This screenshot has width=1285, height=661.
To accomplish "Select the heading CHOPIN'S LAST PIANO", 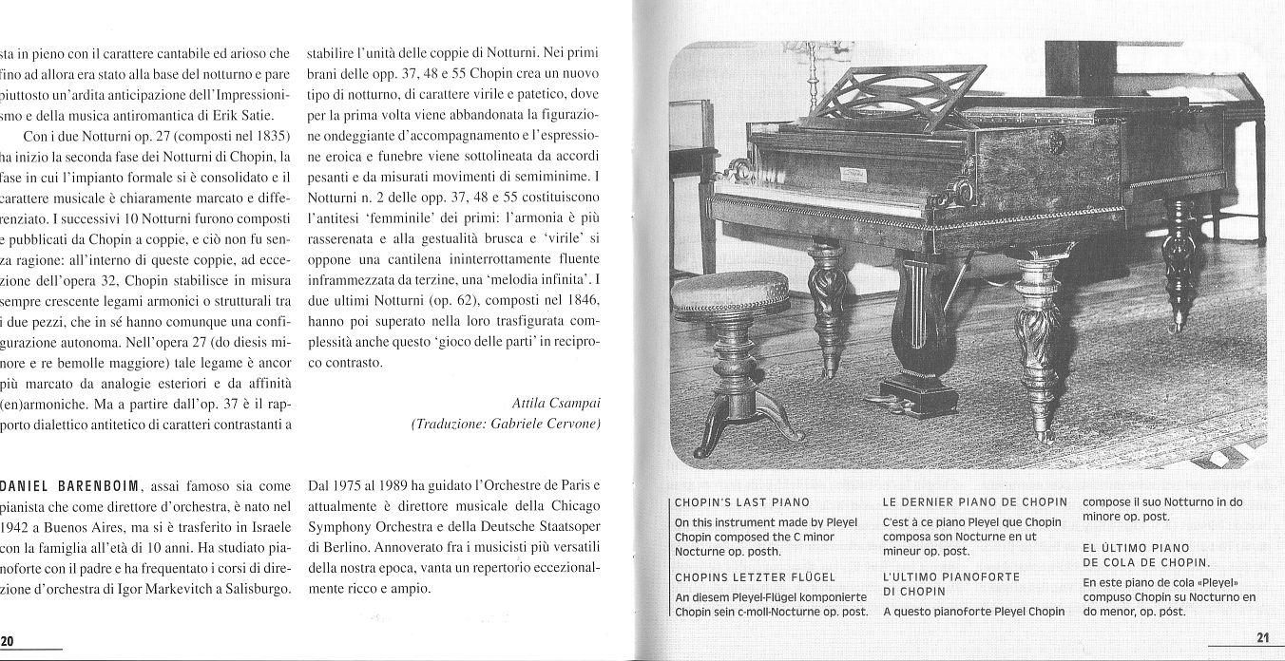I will click(x=741, y=502).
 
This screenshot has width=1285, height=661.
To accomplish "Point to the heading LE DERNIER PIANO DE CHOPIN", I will click(x=974, y=501).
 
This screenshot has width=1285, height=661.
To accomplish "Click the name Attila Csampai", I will click(x=555, y=402).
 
